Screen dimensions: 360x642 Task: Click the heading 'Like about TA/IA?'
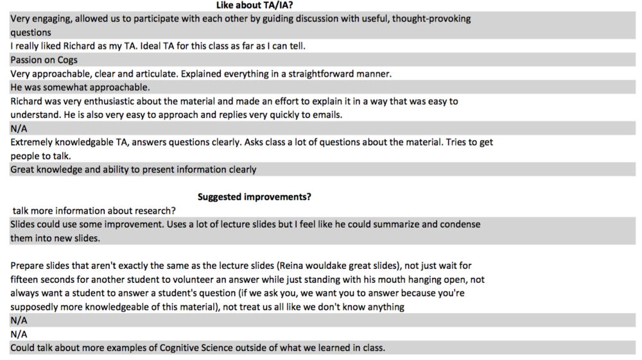tap(254, 5)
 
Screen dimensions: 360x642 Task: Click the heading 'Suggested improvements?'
tap(254, 197)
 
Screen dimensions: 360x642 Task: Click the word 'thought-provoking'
tap(431, 19)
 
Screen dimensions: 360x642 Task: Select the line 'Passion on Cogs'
tap(44, 60)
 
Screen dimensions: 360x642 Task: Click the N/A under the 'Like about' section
tap(19, 128)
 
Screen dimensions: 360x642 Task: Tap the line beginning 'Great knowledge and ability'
tap(133, 169)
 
